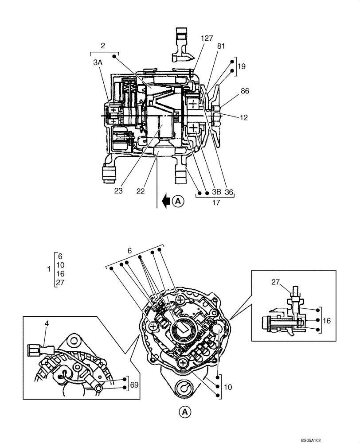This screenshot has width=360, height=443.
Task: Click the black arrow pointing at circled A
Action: click(166, 202)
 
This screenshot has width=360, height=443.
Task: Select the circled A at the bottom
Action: click(185, 412)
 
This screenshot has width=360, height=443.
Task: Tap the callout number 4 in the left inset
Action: click(47, 323)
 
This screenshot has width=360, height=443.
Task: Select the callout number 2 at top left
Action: click(103, 45)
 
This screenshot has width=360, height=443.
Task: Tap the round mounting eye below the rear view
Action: click(184, 389)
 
